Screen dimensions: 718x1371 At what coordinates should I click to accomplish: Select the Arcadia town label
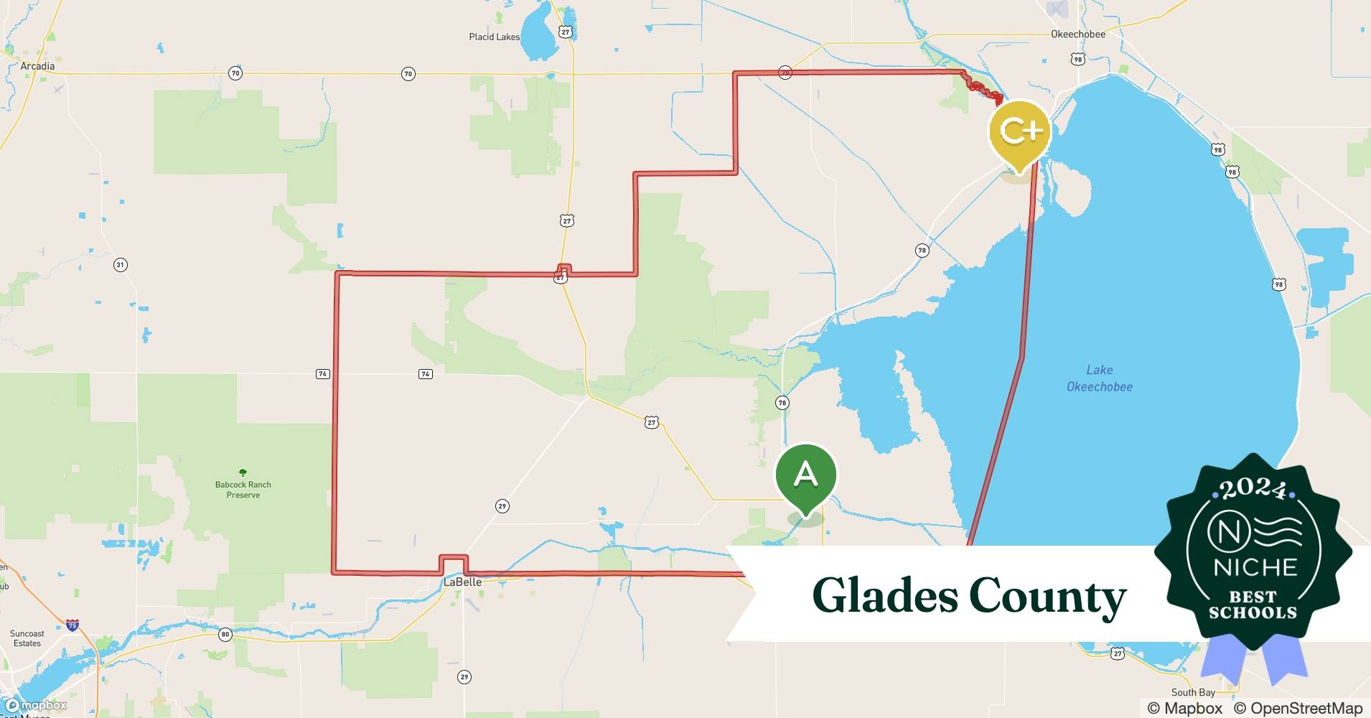[x=37, y=66]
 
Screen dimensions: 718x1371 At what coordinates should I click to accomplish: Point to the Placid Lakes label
[x=494, y=37]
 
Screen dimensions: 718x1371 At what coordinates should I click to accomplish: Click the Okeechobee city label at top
[x=1077, y=34]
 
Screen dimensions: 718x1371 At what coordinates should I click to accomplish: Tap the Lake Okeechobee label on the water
[x=1099, y=378]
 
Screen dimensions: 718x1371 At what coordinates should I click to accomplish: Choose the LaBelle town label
[x=462, y=582]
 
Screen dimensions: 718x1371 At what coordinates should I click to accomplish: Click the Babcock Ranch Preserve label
[x=243, y=490]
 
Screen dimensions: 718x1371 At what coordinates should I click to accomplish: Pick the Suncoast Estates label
[x=27, y=638]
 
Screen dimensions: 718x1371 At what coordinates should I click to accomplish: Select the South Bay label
[x=1193, y=692]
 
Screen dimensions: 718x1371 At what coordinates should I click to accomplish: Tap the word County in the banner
[x=1047, y=595]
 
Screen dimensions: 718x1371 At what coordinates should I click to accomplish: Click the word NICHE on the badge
[x=1255, y=567]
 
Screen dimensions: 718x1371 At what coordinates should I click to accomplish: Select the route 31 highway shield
[x=120, y=265]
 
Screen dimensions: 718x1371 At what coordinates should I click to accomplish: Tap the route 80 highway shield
[x=225, y=634]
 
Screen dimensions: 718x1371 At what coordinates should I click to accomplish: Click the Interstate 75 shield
[x=72, y=626]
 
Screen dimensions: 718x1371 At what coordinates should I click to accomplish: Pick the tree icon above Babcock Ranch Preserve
[x=243, y=472]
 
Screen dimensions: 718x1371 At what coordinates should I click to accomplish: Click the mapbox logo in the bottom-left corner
[x=36, y=705]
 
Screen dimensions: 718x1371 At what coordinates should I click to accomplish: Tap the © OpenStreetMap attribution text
[x=1298, y=708]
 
